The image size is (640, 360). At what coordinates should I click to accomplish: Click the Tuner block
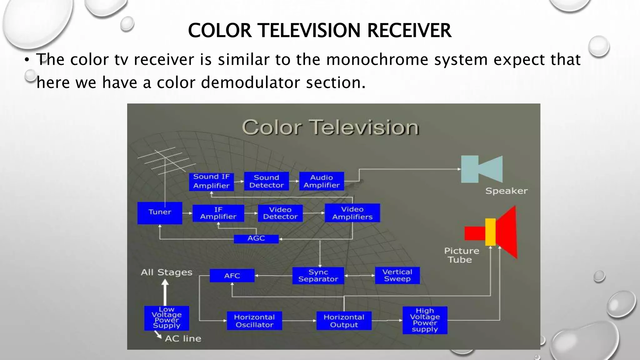[160, 212]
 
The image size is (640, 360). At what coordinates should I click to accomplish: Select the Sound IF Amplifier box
[211, 181]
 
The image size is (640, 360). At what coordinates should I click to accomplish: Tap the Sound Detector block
[266, 181]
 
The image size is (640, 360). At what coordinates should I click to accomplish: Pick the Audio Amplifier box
[322, 181]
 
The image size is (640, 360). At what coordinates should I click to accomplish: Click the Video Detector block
[280, 213]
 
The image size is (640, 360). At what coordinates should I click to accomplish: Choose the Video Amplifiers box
[352, 213]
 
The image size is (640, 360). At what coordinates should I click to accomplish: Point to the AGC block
[256, 239]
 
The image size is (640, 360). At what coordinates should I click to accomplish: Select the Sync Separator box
[318, 276]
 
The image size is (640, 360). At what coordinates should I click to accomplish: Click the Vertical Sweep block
[397, 275]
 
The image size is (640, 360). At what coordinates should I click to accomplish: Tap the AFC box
[232, 276]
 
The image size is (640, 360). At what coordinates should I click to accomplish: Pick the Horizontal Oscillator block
[254, 321]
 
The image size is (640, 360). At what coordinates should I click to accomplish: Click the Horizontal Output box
[344, 321]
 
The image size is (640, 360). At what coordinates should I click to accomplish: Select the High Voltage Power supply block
[425, 320]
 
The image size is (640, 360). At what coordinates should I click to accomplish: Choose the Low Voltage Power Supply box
[167, 318]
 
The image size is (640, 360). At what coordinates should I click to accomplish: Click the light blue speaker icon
[482, 169]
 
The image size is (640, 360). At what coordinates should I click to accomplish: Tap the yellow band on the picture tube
[490, 232]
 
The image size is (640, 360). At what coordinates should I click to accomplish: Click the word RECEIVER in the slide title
[409, 31]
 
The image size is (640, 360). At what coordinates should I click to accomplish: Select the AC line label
[183, 339]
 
